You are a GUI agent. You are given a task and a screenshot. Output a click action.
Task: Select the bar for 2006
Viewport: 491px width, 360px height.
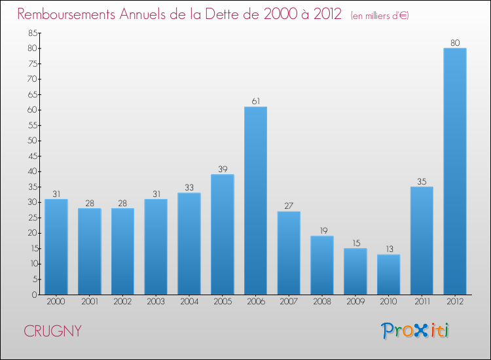(255, 200)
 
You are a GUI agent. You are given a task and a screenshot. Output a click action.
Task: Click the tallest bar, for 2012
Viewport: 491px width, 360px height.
(455, 171)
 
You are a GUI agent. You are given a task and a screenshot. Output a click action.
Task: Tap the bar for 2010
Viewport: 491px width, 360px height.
(388, 274)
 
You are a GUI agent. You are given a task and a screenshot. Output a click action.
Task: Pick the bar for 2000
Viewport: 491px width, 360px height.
(56, 247)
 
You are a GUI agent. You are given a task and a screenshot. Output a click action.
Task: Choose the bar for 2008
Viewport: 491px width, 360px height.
(322, 265)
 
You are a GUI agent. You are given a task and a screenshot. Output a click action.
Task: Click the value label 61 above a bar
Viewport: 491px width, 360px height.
(255, 101)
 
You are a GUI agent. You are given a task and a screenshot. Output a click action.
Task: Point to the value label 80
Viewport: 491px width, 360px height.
(455, 43)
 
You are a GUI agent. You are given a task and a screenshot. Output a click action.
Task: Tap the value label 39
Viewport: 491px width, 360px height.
(223, 169)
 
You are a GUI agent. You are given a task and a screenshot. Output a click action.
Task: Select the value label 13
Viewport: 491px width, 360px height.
(388, 249)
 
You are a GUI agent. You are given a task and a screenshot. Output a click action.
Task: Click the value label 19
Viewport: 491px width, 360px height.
(322, 230)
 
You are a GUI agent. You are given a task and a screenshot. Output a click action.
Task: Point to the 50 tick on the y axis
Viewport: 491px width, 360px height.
(31, 141)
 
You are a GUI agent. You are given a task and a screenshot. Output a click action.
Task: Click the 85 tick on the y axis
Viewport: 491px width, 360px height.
(31, 33)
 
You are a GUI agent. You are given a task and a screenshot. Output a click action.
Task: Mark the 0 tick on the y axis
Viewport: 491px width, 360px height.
(33, 295)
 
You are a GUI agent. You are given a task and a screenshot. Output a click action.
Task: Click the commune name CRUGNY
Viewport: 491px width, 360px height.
(53, 331)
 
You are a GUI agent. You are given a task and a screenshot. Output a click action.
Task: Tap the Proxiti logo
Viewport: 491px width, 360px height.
(416, 331)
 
